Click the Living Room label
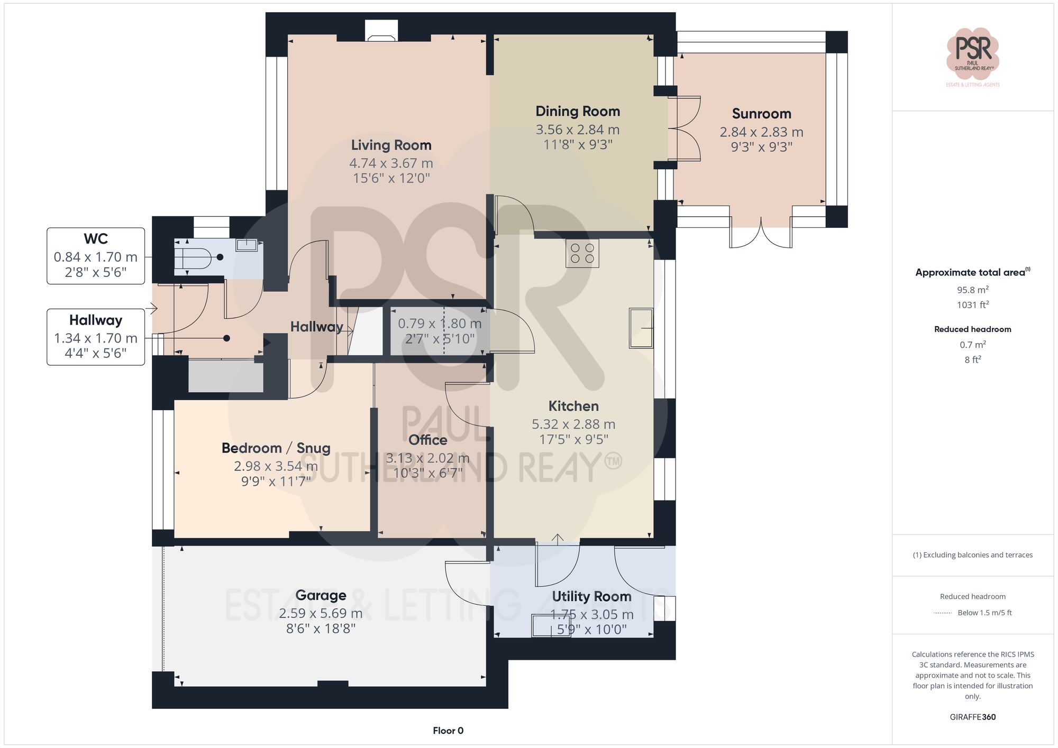pos(391,145)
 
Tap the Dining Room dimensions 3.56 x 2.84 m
pos(577,130)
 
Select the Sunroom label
pos(761,114)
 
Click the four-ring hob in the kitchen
pos(582,253)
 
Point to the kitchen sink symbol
pos(641,328)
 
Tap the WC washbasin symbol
pos(247,245)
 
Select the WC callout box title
pos(96,239)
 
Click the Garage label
pos(321,595)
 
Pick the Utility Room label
pos(591,596)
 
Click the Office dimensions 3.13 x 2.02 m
pos(427,458)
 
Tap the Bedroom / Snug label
pos(276,448)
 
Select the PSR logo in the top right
pos(972,53)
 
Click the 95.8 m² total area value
pos(972,290)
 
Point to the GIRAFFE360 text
pos(972,717)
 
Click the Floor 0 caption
pos(448,731)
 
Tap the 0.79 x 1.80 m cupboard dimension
pos(440,324)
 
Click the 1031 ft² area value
pos(972,305)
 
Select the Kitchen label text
pos(573,406)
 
